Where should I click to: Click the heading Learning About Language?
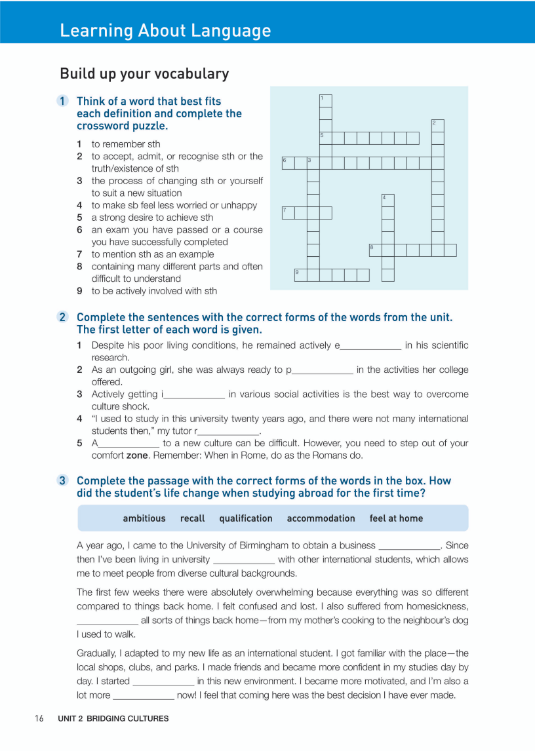pyautogui.click(x=165, y=30)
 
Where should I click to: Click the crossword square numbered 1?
pyautogui.click(x=326, y=101)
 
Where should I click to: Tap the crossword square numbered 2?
pyautogui.click(x=438, y=126)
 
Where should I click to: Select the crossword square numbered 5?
pyautogui.click(x=326, y=138)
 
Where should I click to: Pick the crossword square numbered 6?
pyautogui.click(x=288, y=163)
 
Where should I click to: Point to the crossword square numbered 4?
pyautogui.click(x=388, y=201)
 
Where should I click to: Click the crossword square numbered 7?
pyautogui.click(x=288, y=213)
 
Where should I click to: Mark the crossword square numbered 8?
pyautogui.click(x=376, y=250)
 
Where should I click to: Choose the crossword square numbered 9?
pyautogui.click(x=301, y=275)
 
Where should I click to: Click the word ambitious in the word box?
pyautogui.click(x=144, y=518)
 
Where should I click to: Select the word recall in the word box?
pyautogui.click(x=192, y=518)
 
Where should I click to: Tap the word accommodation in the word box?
pyautogui.click(x=321, y=518)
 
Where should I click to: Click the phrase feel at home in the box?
pyautogui.click(x=396, y=518)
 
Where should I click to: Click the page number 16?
pyautogui.click(x=39, y=718)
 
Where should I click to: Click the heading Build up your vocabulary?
pyautogui.click(x=144, y=73)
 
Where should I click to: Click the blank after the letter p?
pyautogui.click(x=323, y=370)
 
